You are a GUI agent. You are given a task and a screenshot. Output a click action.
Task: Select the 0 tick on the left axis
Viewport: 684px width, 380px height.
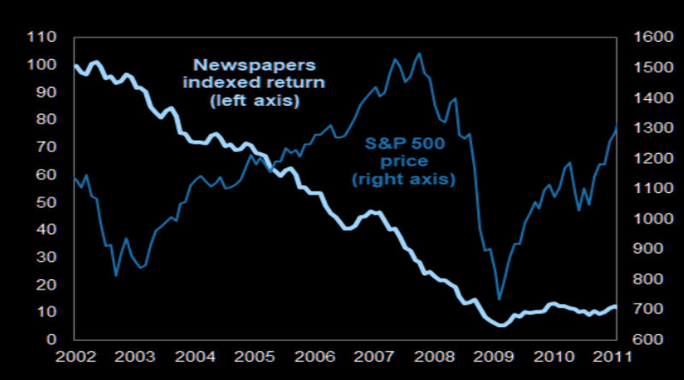pyautogui.click(x=51, y=340)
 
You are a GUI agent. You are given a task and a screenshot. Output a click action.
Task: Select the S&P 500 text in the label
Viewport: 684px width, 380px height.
pyautogui.click(x=404, y=141)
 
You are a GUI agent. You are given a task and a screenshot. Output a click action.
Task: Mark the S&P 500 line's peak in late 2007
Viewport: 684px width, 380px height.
pyautogui.click(x=419, y=54)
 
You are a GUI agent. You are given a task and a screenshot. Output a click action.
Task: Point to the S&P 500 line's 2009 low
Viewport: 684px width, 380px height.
pyautogui.click(x=499, y=299)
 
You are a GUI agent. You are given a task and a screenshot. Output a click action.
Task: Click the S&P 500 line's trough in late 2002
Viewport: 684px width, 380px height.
pyautogui.click(x=116, y=275)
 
